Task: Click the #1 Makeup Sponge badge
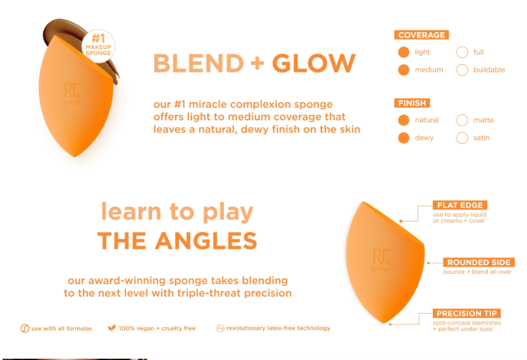[98, 46]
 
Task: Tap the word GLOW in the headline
[313, 63]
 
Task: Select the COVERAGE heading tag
[421, 35]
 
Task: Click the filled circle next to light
[404, 52]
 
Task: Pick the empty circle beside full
[462, 52]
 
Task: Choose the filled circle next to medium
[404, 70]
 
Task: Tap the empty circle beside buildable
[462, 70]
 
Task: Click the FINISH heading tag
[412, 103]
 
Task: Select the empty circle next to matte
[462, 120]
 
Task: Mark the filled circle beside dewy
[404, 138]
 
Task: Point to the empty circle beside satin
[462, 138]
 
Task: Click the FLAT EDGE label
[460, 205]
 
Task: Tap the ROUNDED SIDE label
[479, 262]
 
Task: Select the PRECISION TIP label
[467, 313]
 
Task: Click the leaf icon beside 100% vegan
[112, 328]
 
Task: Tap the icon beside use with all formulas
[25, 329]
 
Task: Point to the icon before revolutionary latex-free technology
[220, 328]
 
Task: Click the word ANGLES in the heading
[206, 240]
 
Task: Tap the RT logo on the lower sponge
[381, 257]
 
